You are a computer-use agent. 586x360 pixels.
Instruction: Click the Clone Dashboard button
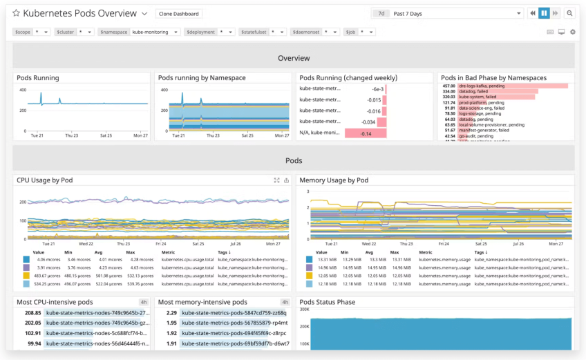coord(178,14)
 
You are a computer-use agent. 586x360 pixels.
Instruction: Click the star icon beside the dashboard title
coord(16,13)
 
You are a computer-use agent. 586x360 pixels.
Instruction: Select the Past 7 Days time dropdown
coord(456,13)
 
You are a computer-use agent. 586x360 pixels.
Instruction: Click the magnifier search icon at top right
coord(569,13)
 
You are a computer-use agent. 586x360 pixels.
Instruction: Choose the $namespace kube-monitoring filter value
coord(154,32)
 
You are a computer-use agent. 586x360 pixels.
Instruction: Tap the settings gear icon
coord(572,32)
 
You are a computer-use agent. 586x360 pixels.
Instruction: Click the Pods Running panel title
coord(38,78)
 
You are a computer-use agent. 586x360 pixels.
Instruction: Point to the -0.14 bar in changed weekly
coord(366,133)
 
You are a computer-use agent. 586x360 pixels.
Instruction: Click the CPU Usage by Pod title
coord(45,180)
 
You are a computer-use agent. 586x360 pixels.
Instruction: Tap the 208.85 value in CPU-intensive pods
coord(32,313)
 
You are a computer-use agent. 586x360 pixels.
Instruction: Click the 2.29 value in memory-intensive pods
coord(172,313)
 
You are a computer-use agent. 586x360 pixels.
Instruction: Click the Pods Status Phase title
coord(328,302)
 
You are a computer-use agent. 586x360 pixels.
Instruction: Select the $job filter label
coord(350,32)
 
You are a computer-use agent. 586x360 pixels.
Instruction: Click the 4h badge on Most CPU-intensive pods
coord(144,302)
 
